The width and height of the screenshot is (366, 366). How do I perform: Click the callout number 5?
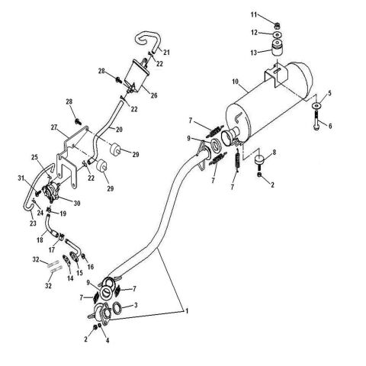click(330, 93)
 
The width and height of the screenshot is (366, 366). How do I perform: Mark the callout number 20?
click(120, 128)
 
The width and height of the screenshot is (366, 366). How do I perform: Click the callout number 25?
click(34, 158)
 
